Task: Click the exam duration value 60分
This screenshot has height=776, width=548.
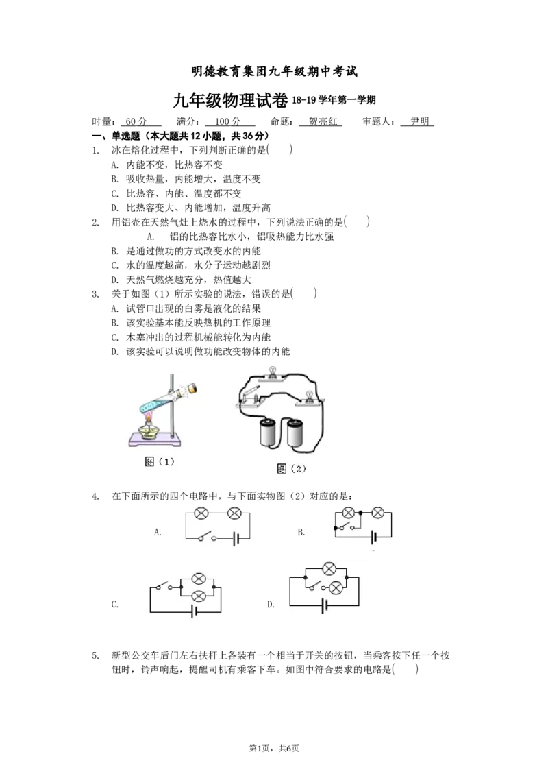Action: tap(136, 121)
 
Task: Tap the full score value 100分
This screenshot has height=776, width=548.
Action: tap(228, 121)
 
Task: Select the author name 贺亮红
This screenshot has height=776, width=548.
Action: tap(323, 121)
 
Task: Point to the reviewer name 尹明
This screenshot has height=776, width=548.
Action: tap(420, 121)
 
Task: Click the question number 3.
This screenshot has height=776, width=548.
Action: tap(95, 294)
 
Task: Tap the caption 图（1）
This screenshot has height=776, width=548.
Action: tap(159, 461)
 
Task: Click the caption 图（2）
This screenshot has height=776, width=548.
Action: tap(291, 468)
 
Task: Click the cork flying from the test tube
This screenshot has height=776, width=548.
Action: tap(192, 389)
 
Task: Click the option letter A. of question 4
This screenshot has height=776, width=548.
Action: tap(158, 533)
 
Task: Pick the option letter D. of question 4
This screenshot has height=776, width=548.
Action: tap(271, 604)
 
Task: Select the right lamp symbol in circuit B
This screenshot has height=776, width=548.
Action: tap(378, 513)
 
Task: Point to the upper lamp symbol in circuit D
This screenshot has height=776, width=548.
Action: tap(329, 569)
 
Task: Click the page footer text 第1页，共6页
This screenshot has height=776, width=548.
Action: tap(274, 749)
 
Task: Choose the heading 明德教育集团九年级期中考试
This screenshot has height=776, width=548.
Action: tap(274, 72)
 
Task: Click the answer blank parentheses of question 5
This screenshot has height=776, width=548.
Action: tap(405, 670)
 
